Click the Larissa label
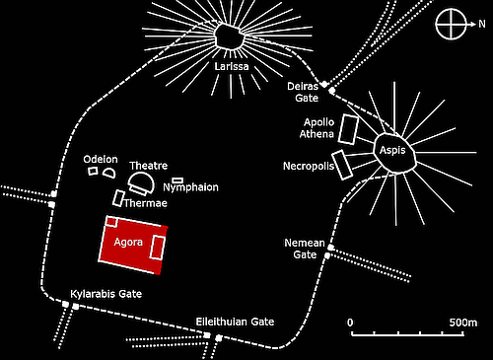coord(230,67)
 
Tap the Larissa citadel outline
coord(231,36)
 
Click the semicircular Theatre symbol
coord(141,183)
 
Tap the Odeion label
coord(101,159)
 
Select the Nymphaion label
coord(189,187)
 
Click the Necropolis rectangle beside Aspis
coord(343,164)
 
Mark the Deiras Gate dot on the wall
coord(332,91)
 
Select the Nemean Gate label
coord(304,248)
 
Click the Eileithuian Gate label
coord(235,323)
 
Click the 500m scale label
coord(461,323)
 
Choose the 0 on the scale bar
coord(350,323)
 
